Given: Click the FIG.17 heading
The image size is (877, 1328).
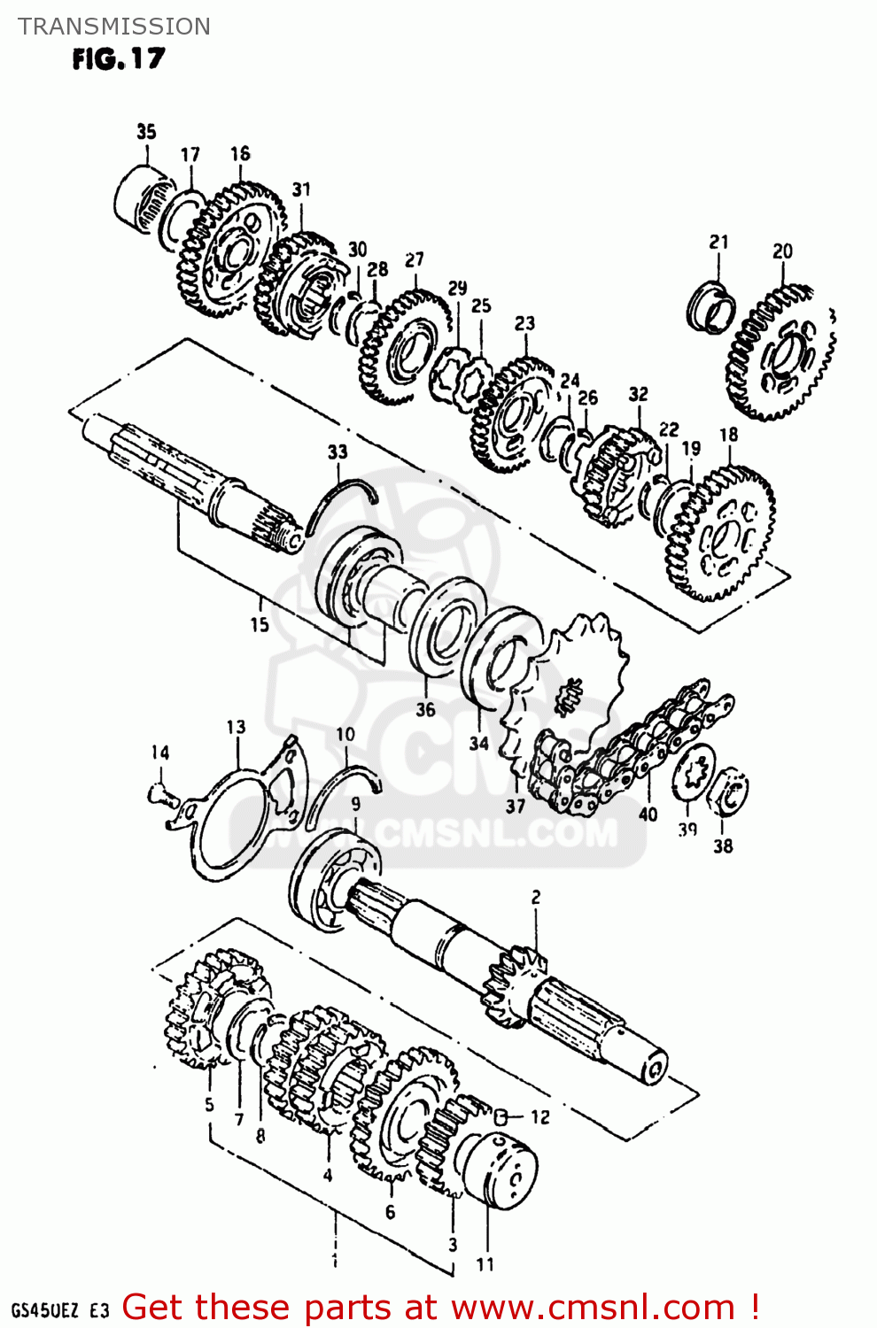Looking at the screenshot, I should point(119,59).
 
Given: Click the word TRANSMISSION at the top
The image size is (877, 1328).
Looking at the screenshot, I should point(114,27).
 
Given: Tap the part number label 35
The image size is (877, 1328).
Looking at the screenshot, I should point(146,132).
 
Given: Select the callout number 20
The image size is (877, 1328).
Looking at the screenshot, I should point(782,251).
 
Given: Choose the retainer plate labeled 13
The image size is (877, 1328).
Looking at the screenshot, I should point(239,815).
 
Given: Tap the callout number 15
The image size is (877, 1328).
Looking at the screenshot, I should point(259,624).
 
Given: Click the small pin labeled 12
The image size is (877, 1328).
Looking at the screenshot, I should point(501,1116).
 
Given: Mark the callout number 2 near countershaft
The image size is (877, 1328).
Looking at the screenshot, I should point(535,898).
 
